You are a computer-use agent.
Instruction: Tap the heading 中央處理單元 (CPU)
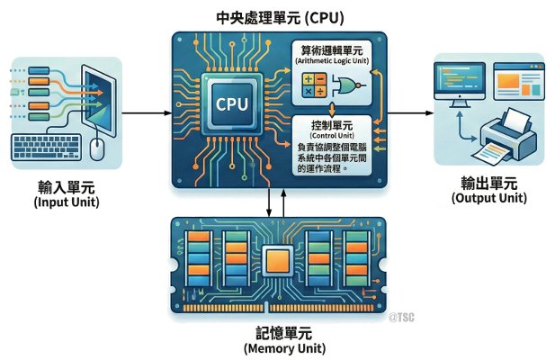(279, 17)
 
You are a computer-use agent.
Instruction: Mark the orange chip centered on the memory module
(280, 261)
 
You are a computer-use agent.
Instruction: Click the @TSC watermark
(404, 317)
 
